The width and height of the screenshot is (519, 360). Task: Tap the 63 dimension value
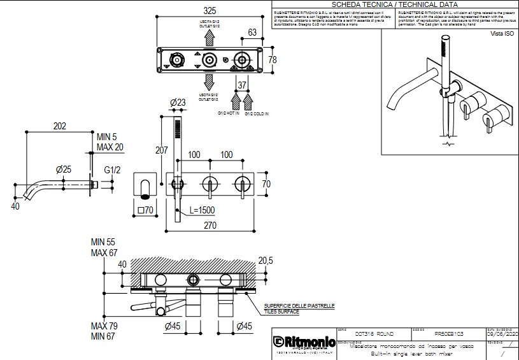(252, 32)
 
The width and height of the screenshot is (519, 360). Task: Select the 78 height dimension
(273, 60)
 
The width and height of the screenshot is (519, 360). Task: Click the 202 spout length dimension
(59, 126)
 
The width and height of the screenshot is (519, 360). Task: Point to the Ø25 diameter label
(63, 169)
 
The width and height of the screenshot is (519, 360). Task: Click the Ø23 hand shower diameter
(178, 103)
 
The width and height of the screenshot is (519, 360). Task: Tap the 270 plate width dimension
(210, 226)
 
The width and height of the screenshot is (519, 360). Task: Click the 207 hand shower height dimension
(162, 150)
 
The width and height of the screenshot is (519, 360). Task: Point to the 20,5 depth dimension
(266, 261)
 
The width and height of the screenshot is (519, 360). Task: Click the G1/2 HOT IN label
(229, 113)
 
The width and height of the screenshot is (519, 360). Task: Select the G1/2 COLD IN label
(257, 113)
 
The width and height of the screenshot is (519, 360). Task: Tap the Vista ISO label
(501, 33)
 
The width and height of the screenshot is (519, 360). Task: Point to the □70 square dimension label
(146, 210)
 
